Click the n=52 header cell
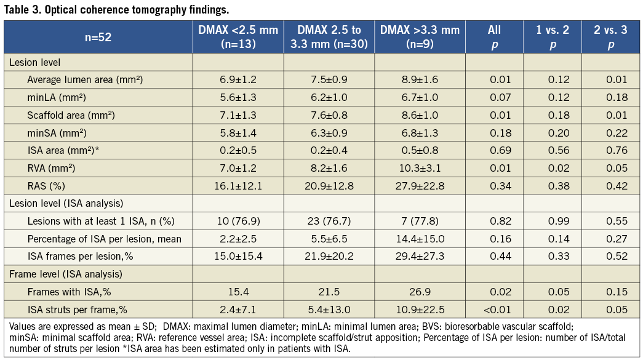98,37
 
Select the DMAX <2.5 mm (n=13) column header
238,37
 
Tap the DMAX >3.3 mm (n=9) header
420,37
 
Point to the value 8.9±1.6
420,79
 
